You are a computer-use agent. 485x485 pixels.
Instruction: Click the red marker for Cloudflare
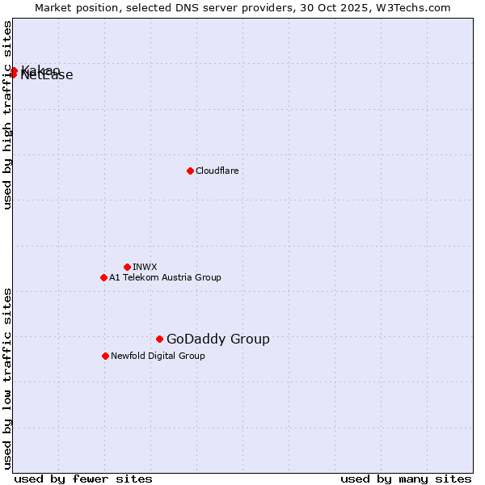(190, 171)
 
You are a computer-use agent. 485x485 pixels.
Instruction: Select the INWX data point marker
(127, 267)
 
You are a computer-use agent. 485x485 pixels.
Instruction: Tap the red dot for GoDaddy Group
(159, 339)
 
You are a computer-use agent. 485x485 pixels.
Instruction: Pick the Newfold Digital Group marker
(105, 356)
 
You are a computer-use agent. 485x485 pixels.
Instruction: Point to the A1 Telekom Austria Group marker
(103, 277)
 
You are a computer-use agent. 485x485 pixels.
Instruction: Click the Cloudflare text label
(217, 171)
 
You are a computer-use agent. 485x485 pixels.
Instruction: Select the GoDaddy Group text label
(217, 339)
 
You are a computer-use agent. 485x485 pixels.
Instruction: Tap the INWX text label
(145, 267)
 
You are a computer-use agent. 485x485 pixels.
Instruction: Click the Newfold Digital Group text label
(158, 356)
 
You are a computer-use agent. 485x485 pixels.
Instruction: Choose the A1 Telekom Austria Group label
(165, 277)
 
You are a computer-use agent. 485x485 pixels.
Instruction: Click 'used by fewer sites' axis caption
(83, 479)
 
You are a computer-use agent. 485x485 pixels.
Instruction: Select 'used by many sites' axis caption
(406, 479)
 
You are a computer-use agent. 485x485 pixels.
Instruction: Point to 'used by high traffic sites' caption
(8, 116)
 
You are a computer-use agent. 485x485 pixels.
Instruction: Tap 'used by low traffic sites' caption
(8, 378)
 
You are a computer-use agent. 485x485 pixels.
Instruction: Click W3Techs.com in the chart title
(411, 7)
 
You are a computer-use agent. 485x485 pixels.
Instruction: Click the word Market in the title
(56, 7)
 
